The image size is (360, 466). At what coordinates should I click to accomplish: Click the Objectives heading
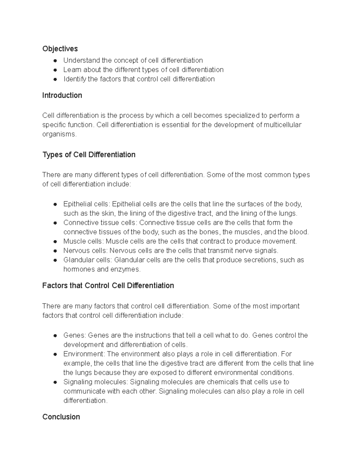tap(60, 49)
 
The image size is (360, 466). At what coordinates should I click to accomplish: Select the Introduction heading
tap(62, 95)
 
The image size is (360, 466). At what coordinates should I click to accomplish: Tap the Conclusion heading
tap(61, 417)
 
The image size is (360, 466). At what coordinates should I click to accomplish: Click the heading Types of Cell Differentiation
tap(89, 155)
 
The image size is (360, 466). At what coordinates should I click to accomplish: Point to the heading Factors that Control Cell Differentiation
tap(108, 285)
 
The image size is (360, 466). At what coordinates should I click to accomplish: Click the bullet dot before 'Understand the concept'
tap(55, 61)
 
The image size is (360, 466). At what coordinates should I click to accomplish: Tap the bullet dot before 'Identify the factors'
tap(55, 79)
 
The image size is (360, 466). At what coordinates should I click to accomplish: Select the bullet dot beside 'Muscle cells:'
tap(55, 242)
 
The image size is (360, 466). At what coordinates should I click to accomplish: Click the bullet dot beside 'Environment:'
tap(55, 354)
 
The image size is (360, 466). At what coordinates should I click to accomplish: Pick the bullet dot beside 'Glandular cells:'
tap(55, 260)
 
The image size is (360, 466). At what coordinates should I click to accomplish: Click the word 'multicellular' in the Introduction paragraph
tap(282, 125)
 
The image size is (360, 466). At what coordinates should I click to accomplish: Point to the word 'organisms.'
tap(59, 134)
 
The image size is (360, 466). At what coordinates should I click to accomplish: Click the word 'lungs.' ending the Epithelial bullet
tap(288, 214)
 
